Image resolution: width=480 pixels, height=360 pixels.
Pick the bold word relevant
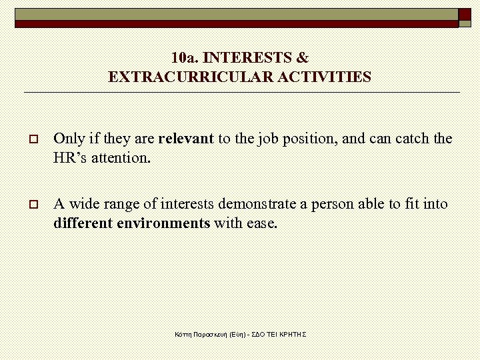[x=186, y=139]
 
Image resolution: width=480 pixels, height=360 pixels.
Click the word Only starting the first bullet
[x=69, y=139]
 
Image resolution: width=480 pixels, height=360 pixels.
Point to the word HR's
[x=70, y=159]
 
